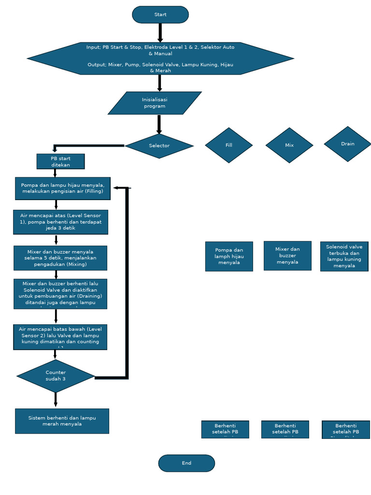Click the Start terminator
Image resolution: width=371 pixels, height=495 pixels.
coord(160,15)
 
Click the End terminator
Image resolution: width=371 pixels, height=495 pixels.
coord(186,463)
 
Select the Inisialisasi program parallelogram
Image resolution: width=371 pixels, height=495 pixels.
coord(155,103)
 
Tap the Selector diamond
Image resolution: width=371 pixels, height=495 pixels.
coord(159,146)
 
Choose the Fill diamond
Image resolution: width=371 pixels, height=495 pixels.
coord(229,145)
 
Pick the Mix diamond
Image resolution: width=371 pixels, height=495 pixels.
coord(289,145)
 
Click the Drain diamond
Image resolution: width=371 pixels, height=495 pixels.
coord(347,144)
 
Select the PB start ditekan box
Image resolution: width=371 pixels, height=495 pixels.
coord(60,161)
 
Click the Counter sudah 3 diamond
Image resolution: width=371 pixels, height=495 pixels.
coord(56,376)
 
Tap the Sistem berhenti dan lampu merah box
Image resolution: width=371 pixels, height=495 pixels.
coord(62,421)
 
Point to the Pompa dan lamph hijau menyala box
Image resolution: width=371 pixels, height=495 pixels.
coord(229,256)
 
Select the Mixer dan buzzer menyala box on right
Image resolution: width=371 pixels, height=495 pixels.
coord(287,256)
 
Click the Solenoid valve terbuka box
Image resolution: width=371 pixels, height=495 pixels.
coord(344,256)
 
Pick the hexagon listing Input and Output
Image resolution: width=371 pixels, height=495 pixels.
coord(160,58)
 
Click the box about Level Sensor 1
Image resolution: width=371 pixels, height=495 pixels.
coord(60,222)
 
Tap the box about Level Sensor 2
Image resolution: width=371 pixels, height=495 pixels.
coord(60,337)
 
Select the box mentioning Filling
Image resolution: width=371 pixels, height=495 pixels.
coord(63,188)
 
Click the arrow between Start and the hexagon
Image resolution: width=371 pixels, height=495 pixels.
coord(160,32)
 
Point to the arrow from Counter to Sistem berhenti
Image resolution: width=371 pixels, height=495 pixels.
coord(56,400)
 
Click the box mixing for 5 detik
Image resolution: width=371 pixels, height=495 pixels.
coord(60,258)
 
